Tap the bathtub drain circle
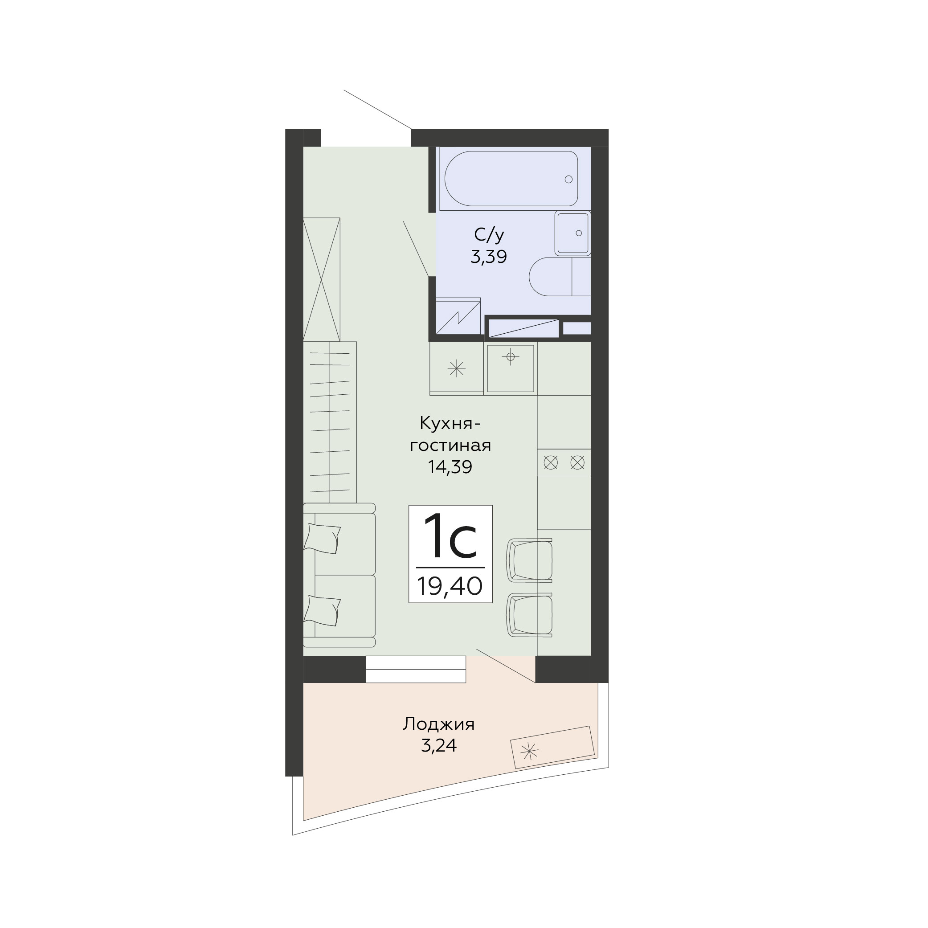coord(569,179)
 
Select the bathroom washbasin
coord(572,233)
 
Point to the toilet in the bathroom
coord(560,276)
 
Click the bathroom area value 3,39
coord(488,257)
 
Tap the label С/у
coord(489,235)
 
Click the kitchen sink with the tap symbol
coord(511,368)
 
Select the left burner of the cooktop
coord(551,462)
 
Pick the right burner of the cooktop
coord(577,462)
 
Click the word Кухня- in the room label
coord(450,424)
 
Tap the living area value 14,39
coord(450,467)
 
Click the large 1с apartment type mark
coord(450,536)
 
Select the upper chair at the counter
coord(530,560)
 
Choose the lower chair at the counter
coord(530,615)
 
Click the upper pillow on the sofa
coord(322,539)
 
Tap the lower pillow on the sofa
coord(322,610)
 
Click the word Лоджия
coord(438,724)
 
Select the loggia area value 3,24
coord(438,745)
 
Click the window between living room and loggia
coord(416,669)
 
